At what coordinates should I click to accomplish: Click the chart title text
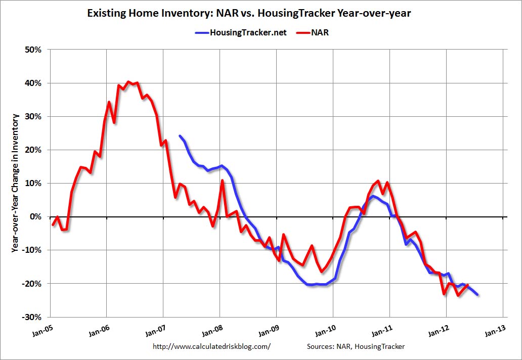click(249, 14)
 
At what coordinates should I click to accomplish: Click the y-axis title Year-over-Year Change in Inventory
click(16, 183)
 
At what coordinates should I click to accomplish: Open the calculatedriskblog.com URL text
click(211, 346)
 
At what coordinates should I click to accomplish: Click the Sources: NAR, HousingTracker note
click(355, 346)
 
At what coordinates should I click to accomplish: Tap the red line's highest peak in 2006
click(128, 81)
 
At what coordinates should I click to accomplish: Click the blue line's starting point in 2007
click(180, 136)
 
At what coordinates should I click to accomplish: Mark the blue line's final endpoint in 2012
click(477, 295)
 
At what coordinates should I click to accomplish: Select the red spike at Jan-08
click(222, 181)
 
